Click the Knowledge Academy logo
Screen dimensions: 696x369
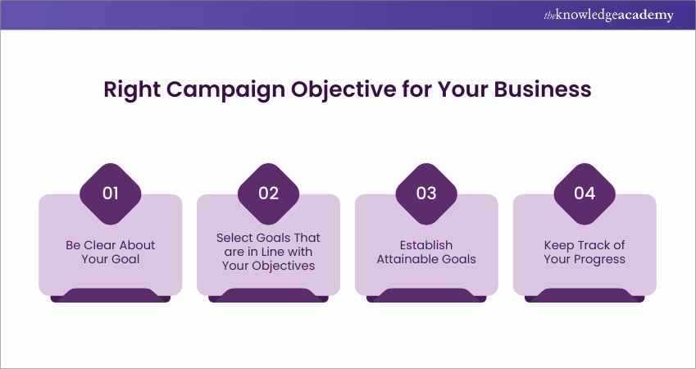(608, 16)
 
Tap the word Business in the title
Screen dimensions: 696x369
(543, 89)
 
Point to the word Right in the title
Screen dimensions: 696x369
(132, 90)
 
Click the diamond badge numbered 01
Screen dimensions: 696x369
(111, 194)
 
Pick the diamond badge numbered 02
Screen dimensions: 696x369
(269, 194)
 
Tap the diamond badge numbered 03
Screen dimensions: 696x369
(426, 194)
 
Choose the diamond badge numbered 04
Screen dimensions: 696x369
(585, 194)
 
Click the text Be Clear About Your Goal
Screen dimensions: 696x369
(111, 252)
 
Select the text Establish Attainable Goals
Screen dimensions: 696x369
(426, 252)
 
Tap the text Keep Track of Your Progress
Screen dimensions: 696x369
(585, 252)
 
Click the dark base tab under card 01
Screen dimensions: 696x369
(111, 296)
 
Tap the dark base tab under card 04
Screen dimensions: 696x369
(585, 296)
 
